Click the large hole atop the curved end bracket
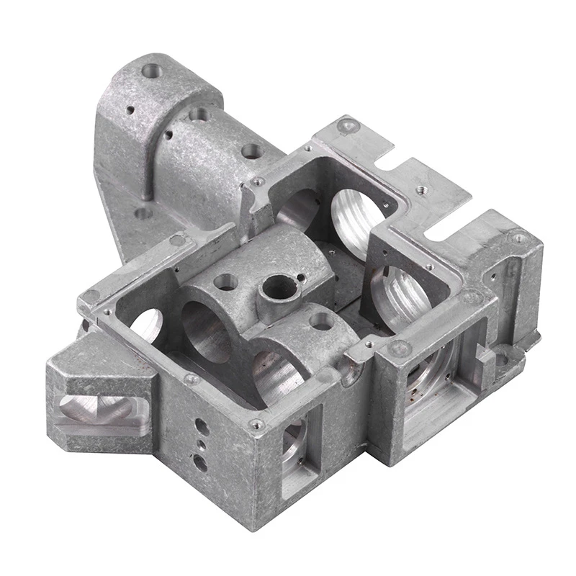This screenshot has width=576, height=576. click(152, 71)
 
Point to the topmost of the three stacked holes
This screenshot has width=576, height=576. click(203, 428)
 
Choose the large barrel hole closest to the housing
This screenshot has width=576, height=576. click(251, 151)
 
